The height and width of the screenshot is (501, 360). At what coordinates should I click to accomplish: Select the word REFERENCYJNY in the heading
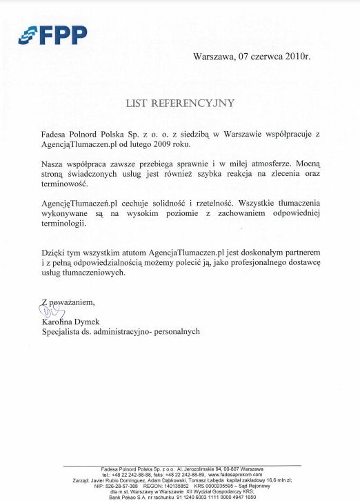pyautogui.click(x=202, y=104)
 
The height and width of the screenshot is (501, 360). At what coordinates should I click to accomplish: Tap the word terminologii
pyautogui.click(x=64, y=224)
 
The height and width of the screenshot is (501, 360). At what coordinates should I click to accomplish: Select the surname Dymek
pyautogui.click(x=88, y=322)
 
